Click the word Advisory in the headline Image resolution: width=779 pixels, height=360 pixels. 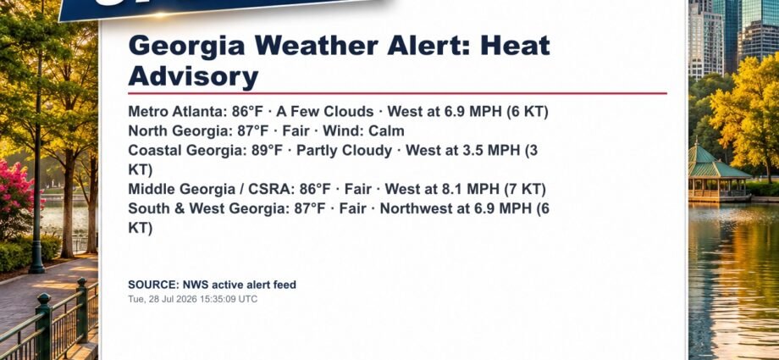(193, 77)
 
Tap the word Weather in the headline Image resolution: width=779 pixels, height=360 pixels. (317, 46)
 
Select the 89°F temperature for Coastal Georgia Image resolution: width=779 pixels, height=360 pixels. (267, 151)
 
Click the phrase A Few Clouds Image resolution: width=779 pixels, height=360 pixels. (325, 111)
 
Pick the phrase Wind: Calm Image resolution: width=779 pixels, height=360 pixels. (363, 131)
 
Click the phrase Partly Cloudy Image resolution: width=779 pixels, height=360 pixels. (345, 151)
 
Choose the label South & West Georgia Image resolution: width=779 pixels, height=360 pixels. (206, 209)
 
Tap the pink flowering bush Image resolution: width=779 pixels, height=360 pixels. (16, 194)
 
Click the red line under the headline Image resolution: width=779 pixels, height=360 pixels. (397, 93)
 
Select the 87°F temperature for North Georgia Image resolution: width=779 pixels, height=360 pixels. (253, 131)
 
